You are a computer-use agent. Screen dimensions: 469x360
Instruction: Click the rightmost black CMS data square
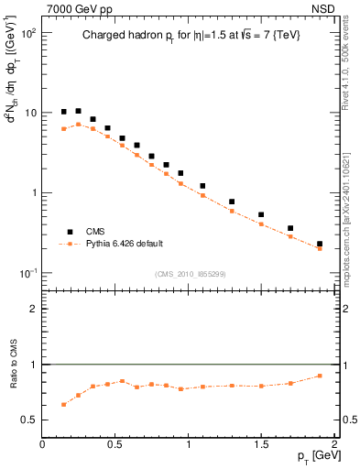(320, 245)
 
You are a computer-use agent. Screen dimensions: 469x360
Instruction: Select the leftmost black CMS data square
(64, 112)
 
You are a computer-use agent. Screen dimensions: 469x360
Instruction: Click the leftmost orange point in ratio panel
(64, 404)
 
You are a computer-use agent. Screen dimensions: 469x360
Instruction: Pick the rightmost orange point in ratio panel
(320, 376)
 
